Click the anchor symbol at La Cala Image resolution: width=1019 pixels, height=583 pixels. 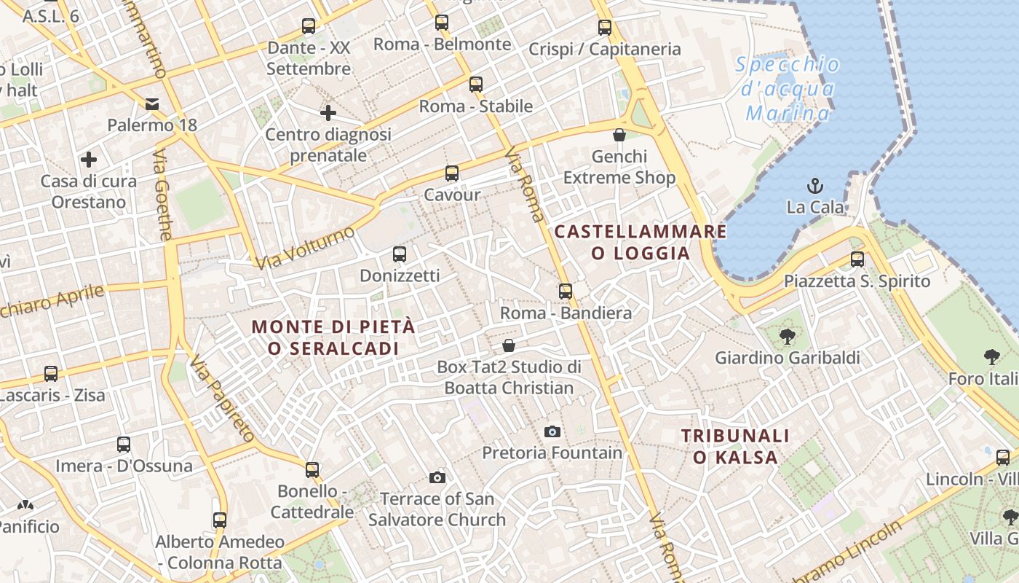click(815, 185)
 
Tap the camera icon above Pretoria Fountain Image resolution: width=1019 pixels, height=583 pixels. click(552, 431)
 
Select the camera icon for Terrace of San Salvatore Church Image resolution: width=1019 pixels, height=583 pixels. click(437, 477)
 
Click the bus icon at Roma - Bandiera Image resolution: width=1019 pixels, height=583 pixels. click(566, 291)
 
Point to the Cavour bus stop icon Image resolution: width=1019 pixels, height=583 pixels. click(452, 173)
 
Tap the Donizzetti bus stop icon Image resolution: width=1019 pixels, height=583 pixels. click(400, 254)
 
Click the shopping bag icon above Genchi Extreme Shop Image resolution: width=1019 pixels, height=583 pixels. click(619, 135)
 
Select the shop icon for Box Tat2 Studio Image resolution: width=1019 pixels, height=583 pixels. click(509, 345)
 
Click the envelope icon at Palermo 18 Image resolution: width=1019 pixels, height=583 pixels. click(152, 104)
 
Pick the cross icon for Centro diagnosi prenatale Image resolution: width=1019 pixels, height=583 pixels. click(328, 113)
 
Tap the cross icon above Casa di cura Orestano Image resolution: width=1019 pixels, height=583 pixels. click(89, 160)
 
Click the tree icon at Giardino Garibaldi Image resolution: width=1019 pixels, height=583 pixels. click(787, 336)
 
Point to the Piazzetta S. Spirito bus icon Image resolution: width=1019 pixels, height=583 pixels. click(857, 259)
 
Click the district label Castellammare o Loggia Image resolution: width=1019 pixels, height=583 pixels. click(641, 242)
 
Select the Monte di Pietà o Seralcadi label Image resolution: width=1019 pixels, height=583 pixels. click(333, 337)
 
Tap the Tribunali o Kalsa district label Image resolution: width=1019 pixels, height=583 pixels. click(735, 446)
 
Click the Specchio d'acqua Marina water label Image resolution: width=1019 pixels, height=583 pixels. click(788, 89)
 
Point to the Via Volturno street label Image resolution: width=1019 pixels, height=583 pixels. click(306, 248)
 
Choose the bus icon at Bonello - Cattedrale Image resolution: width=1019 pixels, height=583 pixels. click(312, 470)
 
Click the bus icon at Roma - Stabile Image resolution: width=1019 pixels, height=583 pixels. click(476, 85)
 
